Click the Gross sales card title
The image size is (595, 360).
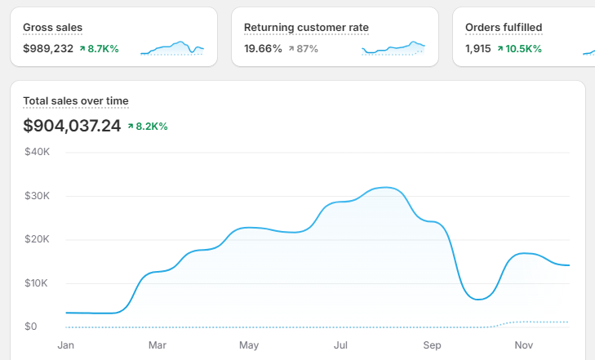(x=52, y=28)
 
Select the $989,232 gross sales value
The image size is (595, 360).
(x=48, y=49)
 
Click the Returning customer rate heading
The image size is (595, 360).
(x=306, y=28)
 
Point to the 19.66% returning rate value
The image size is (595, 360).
(x=263, y=49)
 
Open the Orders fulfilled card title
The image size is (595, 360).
(x=504, y=28)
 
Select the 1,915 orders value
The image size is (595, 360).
(x=478, y=49)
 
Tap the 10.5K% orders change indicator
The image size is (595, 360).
(x=523, y=49)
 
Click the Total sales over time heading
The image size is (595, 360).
(x=76, y=101)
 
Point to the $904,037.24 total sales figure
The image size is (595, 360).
(x=72, y=126)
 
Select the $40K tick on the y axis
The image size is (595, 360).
(x=38, y=152)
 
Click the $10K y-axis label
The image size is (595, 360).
(x=38, y=283)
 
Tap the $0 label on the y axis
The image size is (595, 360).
(x=30, y=327)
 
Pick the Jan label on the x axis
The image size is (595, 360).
(x=65, y=345)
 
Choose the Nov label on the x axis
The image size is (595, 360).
(x=523, y=345)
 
